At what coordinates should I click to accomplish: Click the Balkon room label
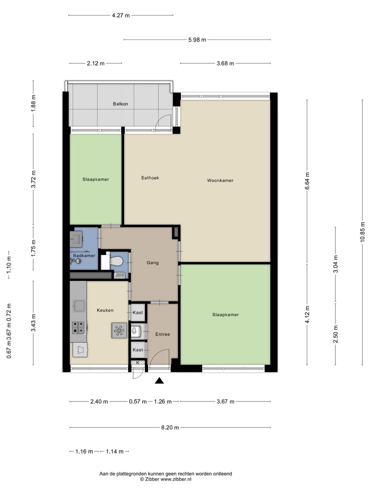[120, 104]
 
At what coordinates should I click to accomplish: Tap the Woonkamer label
[220, 180]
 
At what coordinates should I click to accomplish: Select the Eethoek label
[150, 178]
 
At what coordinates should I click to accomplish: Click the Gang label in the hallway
[153, 263]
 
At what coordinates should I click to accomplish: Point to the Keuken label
[105, 310]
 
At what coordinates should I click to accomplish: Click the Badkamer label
[84, 256]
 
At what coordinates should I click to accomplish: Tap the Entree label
[163, 334]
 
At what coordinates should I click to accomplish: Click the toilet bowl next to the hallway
[116, 261]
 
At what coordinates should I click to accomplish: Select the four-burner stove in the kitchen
[78, 327]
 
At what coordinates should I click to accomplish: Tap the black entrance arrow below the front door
[159, 381]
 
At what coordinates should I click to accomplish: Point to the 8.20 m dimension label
[170, 427]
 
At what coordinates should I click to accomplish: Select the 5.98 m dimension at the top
[197, 40]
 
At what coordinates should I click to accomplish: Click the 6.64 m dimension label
[307, 181]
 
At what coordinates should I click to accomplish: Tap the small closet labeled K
[138, 363]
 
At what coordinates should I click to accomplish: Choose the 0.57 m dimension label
[138, 401]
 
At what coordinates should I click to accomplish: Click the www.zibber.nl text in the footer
[176, 480]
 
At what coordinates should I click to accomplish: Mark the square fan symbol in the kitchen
[119, 330]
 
